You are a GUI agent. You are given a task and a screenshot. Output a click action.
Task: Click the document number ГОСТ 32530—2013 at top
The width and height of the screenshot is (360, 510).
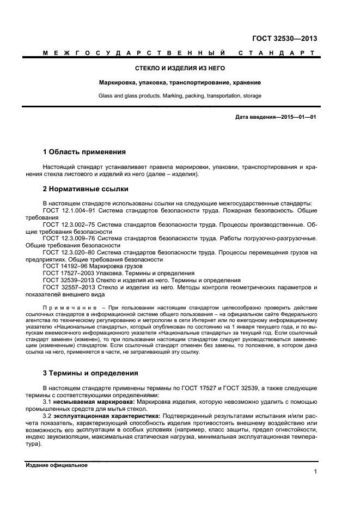click(x=284, y=38)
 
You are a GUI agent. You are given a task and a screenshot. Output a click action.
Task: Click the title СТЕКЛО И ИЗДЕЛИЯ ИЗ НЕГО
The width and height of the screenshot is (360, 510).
click(x=180, y=69)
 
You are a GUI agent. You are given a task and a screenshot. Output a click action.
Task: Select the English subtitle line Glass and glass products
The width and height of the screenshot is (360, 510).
click(x=180, y=96)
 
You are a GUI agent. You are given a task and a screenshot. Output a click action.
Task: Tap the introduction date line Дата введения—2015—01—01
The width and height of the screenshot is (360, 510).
click(x=276, y=117)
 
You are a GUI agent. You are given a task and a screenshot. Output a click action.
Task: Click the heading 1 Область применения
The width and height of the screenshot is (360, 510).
click(x=84, y=151)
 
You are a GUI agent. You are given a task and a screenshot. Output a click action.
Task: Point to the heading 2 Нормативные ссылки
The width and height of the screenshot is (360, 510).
click(x=86, y=189)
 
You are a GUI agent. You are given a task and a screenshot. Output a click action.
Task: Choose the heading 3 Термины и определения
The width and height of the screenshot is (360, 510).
click(x=90, y=373)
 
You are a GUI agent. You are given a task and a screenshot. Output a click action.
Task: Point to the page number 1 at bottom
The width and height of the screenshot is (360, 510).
click(x=315, y=472)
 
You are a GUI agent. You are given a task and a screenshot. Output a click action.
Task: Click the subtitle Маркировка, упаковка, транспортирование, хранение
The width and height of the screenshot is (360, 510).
click(x=180, y=83)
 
